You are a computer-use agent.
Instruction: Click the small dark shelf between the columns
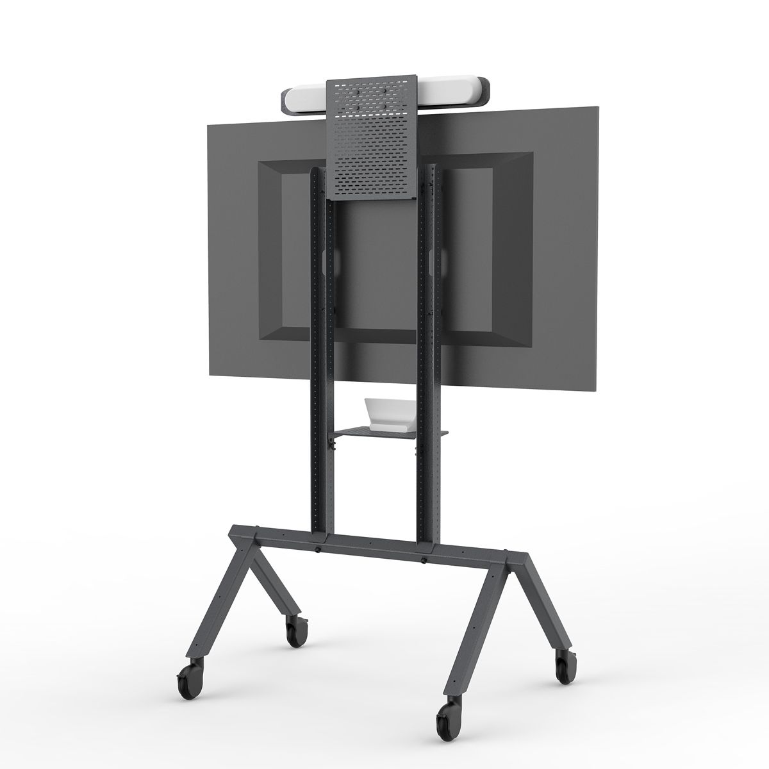click(384, 434)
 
